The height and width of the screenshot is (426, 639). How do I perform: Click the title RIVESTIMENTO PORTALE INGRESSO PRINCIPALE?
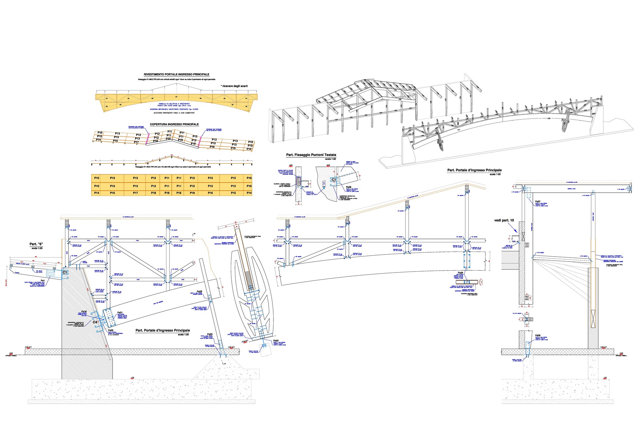pyautogui.click(x=176, y=75)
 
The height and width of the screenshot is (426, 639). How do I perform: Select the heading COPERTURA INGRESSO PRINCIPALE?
pyautogui.click(x=174, y=124)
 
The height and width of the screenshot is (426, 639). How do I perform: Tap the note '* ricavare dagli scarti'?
pyautogui.click(x=234, y=86)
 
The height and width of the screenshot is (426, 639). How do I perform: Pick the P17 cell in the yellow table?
pyautogui.click(x=135, y=193)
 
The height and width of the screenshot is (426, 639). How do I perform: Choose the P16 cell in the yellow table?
pyautogui.click(x=210, y=193)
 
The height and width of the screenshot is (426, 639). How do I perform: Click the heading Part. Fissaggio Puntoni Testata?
pyautogui.click(x=311, y=155)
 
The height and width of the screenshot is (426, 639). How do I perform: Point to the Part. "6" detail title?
pyautogui.click(x=36, y=244)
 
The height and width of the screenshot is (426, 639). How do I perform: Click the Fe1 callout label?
pyautogui.click(x=43, y=281)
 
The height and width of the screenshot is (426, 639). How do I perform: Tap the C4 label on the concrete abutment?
pyautogui.click(x=95, y=322)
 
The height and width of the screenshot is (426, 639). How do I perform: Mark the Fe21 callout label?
pyautogui.click(x=120, y=313)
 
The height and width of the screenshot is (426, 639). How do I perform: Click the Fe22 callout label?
pyautogui.click(x=111, y=330)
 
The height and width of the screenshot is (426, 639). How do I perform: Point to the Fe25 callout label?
pyautogui.click(x=199, y=292)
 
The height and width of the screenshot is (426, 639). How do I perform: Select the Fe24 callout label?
pyautogui.click(x=460, y=273)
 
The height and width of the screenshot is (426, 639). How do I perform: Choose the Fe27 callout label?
pyautogui.click(x=538, y=202)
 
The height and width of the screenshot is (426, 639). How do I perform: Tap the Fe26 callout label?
pyautogui.click(x=538, y=335)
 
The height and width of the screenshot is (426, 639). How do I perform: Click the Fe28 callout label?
pyautogui.click(x=348, y=187)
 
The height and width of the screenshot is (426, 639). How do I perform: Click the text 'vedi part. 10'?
pyautogui.click(x=504, y=220)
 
